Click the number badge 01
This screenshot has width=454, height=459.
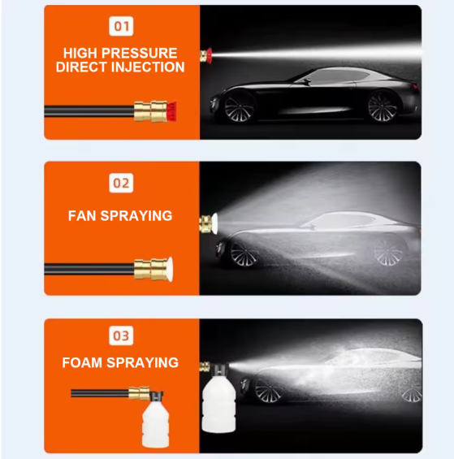point(121,26)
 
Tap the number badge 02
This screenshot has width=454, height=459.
point(121,184)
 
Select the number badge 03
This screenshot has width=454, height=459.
point(121,336)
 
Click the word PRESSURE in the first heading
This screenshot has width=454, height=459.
point(139,54)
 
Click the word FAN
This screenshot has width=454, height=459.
point(82,216)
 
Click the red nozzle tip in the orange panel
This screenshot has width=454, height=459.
point(172,111)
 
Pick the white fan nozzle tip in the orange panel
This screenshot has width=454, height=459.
point(170,269)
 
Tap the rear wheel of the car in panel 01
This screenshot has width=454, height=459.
point(383,106)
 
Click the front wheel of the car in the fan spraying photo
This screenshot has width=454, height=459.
point(244,254)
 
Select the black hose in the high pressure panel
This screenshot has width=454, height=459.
point(89,111)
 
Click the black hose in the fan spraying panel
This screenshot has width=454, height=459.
point(89,269)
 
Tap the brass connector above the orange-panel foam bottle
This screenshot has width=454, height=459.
point(140,393)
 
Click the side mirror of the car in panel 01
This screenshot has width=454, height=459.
point(305,80)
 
